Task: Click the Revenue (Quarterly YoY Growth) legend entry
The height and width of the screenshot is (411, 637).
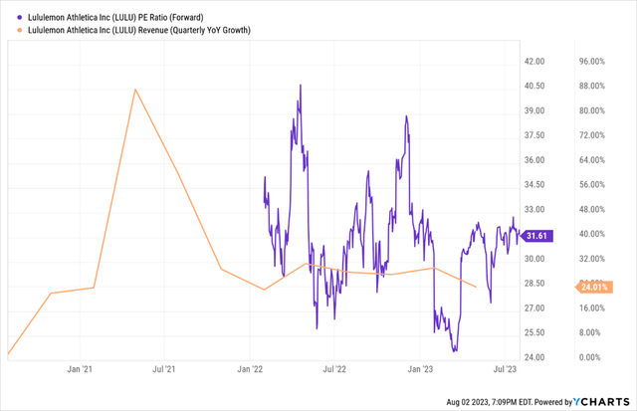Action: (134, 31)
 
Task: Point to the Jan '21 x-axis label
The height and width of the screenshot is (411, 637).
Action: (80, 370)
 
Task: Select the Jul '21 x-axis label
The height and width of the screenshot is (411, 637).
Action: (164, 370)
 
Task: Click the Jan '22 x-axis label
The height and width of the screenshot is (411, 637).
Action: (250, 370)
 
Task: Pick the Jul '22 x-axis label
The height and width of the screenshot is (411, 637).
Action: (334, 370)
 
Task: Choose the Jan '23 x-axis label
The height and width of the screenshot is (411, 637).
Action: (420, 370)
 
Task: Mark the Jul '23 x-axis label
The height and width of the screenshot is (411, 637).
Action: (505, 370)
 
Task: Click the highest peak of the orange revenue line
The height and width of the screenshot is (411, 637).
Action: (136, 89)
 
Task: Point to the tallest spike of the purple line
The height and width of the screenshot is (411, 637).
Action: (301, 86)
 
